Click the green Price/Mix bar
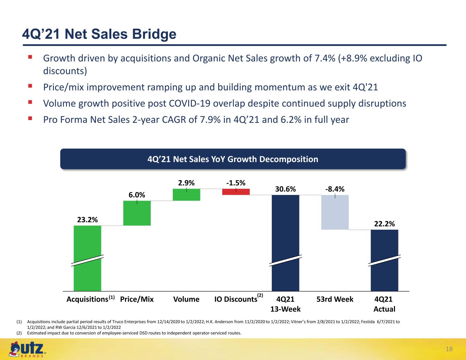click(x=137, y=213)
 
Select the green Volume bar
click(x=186, y=195)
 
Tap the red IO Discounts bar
click(x=236, y=192)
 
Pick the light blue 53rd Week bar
click(x=335, y=212)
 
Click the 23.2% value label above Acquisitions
click(x=87, y=220)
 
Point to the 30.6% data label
click(x=285, y=189)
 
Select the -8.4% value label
click(x=335, y=189)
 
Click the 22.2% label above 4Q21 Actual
click(x=384, y=224)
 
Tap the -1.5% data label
click(x=236, y=183)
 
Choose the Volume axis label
click(x=186, y=299)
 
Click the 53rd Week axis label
click(x=335, y=299)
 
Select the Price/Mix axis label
click(x=137, y=299)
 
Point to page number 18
click(x=449, y=349)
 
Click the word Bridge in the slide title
click(x=154, y=34)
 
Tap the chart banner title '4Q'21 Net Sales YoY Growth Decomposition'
click(x=233, y=159)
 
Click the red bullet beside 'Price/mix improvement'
click(x=30, y=86)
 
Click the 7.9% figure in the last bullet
click(x=210, y=119)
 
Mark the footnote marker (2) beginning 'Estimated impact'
click(x=19, y=333)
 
